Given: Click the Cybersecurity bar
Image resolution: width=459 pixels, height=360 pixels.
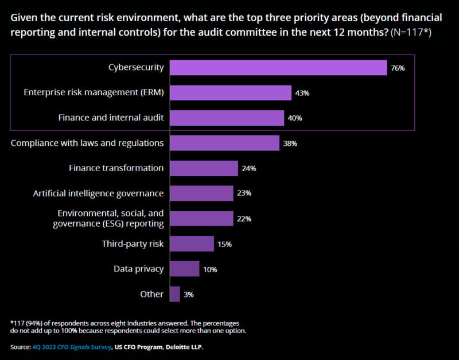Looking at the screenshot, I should tap(278, 68).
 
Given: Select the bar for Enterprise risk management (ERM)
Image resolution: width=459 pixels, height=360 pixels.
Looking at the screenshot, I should tap(231, 92).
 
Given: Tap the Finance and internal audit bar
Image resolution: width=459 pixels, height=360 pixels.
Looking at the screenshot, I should tap(227, 118).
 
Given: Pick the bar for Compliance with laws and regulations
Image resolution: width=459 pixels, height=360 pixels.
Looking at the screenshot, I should tap(224, 143).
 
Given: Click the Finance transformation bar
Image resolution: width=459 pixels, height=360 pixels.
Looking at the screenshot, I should tap(204, 168).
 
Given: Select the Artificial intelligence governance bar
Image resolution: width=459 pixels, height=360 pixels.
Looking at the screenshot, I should tap(201, 193).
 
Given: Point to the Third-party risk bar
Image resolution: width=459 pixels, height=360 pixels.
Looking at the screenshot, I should tap(192, 243).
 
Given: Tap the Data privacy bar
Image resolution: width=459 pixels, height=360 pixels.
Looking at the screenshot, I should tap(184, 269).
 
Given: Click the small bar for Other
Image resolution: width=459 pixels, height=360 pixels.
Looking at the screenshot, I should tap(175, 294).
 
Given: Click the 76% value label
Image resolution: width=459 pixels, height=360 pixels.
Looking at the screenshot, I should tap(398, 68).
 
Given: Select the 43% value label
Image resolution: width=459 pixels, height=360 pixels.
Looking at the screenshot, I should tap(302, 93).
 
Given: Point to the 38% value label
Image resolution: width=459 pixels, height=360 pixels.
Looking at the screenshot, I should tap(290, 144).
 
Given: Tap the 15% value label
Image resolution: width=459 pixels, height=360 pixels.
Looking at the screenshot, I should tap(224, 244).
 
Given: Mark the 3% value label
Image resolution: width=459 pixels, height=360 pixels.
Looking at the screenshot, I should tap(189, 295).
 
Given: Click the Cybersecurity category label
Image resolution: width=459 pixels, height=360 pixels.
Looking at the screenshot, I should tap(136, 68).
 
